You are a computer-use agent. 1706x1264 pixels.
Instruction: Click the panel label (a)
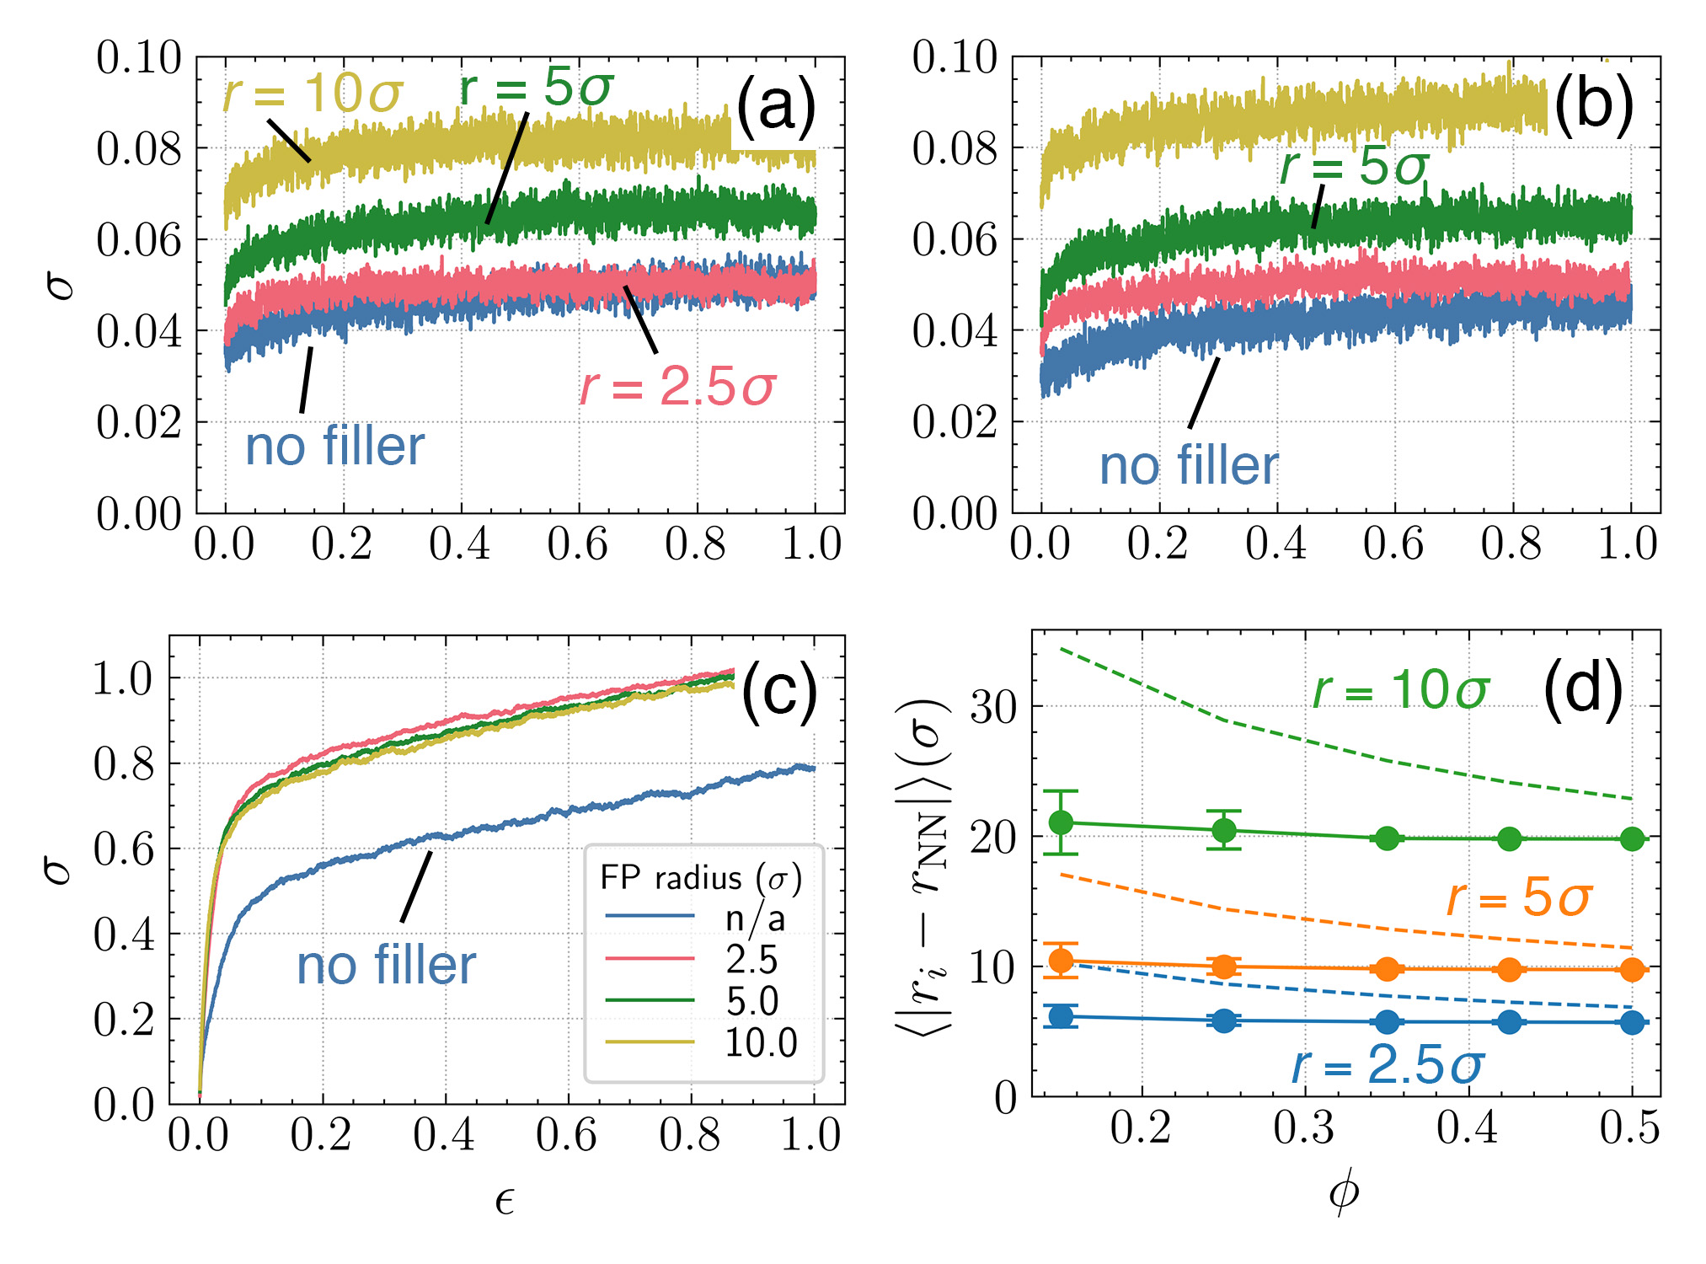click(775, 107)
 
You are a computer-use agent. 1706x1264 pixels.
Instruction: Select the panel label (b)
click(1593, 107)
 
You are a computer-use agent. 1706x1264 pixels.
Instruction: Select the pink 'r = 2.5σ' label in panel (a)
click(677, 387)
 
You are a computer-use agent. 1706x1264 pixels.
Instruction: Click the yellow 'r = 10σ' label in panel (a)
click(313, 92)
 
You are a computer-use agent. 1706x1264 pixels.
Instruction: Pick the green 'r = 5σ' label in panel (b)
click(1354, 166)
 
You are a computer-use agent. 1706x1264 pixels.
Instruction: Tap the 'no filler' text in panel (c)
click(386, 965)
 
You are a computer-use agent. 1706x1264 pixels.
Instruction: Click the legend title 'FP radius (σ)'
click(701, 878)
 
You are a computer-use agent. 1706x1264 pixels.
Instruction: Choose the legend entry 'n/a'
click(755, 918)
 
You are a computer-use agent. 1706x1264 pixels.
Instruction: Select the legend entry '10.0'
click(761, 1043)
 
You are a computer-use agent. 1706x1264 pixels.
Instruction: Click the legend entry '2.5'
click(751, 959)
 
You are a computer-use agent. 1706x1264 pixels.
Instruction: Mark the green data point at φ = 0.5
click(1632, 839)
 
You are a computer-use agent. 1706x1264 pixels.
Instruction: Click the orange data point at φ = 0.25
click(1224, 967)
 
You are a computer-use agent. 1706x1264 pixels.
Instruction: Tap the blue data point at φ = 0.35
click(1387, 1022)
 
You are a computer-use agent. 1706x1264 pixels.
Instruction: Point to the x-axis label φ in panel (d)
click(1344, 1192)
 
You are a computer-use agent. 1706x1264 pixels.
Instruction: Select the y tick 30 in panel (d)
click(993, 706)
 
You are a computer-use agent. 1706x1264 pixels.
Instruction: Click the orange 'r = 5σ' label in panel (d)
click(1518, 897)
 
